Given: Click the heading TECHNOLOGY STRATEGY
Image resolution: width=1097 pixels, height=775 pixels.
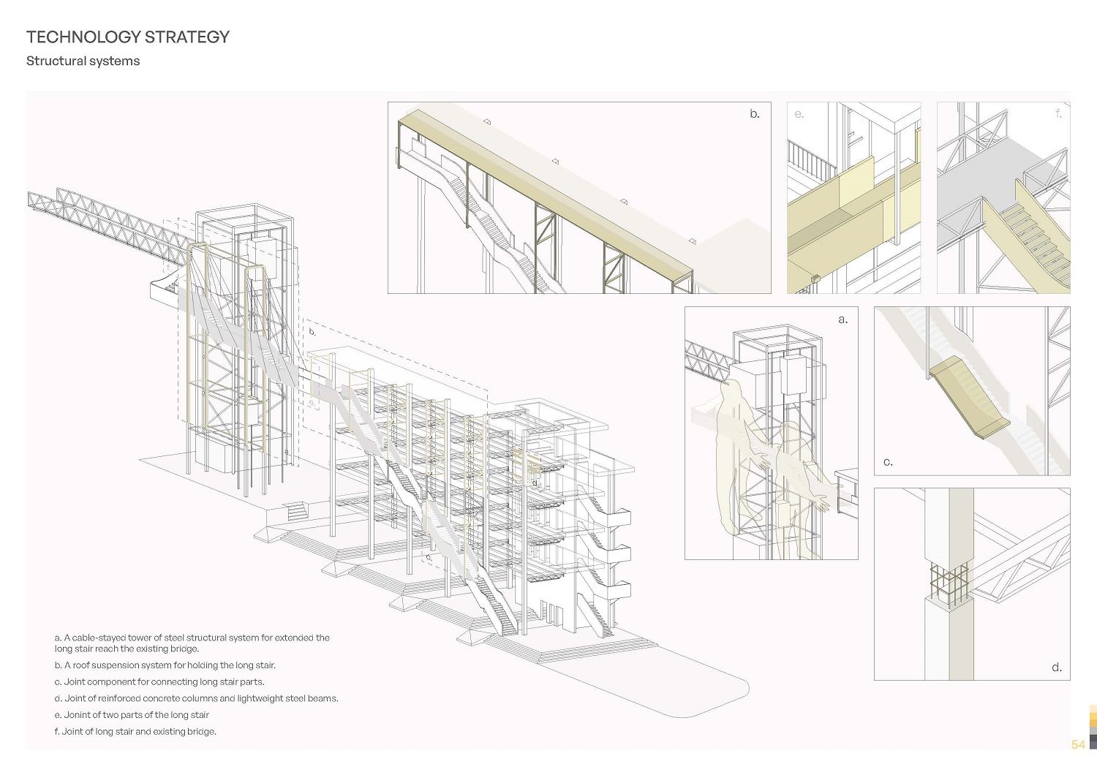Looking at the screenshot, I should point(128,37).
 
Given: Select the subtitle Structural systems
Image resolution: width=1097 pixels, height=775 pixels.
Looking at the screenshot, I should point(83,61).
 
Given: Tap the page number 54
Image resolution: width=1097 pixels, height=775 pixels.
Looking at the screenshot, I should point(1078,744).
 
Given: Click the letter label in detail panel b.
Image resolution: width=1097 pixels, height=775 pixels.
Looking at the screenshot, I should point(755,114).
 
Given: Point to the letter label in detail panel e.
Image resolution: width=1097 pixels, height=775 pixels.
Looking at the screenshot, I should point(799,114).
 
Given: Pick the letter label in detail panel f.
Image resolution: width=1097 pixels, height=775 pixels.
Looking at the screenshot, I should point(1058,114).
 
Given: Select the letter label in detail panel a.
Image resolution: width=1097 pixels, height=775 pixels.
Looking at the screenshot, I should point(843,320).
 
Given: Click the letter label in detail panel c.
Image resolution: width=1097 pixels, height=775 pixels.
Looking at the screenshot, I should point(888,462).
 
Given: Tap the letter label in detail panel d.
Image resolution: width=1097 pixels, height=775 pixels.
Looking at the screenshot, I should point(1057,668).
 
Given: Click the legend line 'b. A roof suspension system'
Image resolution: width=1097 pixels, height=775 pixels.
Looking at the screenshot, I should point(165,665).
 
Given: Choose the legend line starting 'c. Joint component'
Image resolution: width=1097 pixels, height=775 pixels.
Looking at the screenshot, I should point(159,681).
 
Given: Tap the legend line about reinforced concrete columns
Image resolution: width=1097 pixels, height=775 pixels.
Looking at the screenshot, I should point(196,698).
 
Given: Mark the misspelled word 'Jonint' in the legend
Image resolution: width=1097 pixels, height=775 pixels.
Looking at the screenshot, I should point(78,715).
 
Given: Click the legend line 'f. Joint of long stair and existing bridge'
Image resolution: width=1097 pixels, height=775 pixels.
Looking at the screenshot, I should point(135,731).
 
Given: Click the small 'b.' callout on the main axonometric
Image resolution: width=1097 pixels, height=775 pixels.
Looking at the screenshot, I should point(312,332).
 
